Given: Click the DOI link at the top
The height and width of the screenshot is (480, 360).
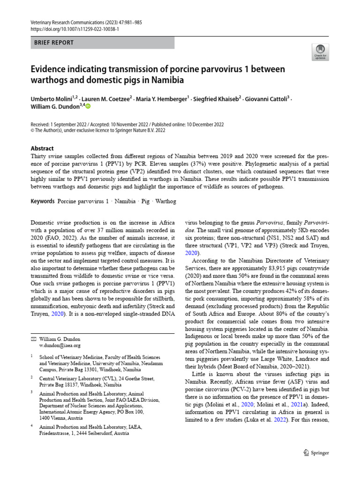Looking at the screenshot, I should (x=75, y=29).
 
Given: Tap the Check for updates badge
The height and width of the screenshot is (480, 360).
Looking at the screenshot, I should (x=320, y=52).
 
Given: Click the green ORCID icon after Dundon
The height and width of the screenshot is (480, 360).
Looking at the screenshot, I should (x=88, y=107).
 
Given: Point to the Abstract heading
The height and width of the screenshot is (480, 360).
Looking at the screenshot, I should (x=42, y=148).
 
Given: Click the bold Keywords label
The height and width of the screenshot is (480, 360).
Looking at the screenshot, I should (x=43, y=201).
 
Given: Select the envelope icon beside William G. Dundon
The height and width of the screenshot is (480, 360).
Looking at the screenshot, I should (x=33, y=338).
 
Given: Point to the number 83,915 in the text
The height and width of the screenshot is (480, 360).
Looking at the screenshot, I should (x=265, y=268).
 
